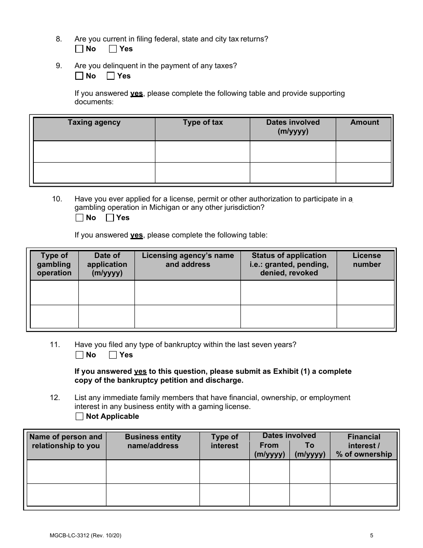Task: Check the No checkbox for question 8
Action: [79, 49]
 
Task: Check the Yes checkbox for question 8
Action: [113, 49]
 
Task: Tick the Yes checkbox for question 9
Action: [111, 76]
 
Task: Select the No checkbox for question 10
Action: [79, 218]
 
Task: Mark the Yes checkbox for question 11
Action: [113, 355]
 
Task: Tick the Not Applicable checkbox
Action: [79, 417]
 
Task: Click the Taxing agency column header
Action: [94, 123]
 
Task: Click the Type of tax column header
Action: [203, 123]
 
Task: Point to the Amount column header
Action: [364, 123]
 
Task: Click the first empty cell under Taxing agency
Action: [94, 152]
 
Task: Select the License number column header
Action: [366, 260]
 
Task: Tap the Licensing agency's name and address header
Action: [187, 260]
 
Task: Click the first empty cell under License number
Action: [366, 293]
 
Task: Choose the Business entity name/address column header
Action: [153, 441]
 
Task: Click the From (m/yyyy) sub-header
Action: [269, 450]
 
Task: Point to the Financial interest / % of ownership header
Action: [364, 446]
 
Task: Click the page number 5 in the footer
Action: [371, 536]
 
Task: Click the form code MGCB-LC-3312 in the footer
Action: [70, 536]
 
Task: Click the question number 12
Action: [55, 398]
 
